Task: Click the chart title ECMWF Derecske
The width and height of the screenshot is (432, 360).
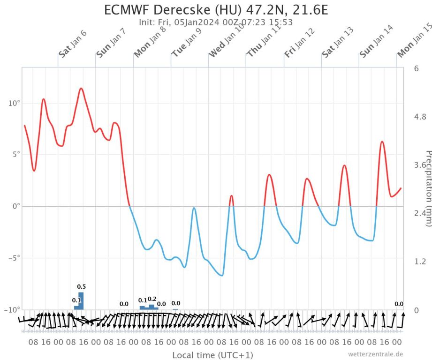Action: click(x=216, y=10)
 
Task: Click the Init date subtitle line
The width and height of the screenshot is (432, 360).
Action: click(x=216, y=22)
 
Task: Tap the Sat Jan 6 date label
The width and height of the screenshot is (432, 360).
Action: click(x=72, y=44)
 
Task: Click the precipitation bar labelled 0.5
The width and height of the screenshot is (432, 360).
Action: click(x=81, y=301)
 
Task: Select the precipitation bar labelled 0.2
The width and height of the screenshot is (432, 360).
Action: click(x=152, y=307)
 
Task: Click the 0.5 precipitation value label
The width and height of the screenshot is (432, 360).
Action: click(x=81, y=287)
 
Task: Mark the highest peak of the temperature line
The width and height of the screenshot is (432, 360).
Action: click(x=81, y=88)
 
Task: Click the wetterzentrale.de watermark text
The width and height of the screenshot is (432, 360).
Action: click(x=375, y=354)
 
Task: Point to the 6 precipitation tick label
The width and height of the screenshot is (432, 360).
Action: click(x=416, y=68)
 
